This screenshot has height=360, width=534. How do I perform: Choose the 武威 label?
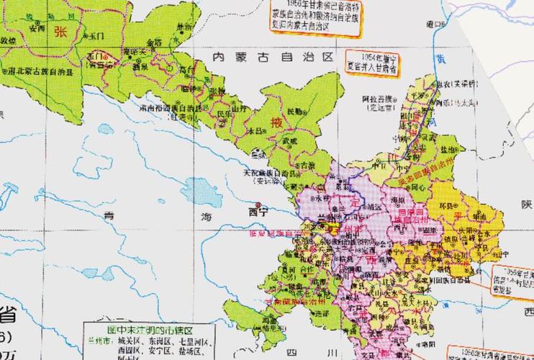pos(289,141)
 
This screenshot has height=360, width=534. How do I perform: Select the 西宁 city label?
pos(257,212)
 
